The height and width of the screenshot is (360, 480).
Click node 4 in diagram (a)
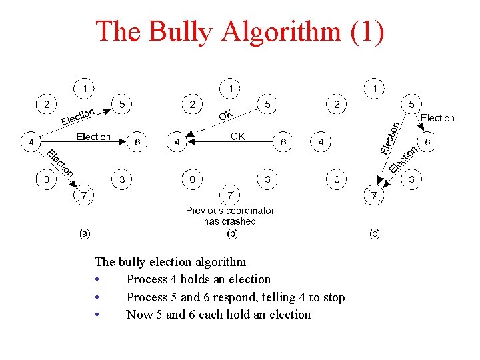tap(31, 142)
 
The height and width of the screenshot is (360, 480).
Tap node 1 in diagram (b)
tap(230, 87)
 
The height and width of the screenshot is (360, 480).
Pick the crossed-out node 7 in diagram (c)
tap(375, 196)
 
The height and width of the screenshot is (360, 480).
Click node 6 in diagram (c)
tap(427, 142)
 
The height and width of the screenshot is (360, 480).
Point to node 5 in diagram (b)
tap(267, 104)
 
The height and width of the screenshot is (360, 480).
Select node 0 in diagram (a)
tap(45, 179)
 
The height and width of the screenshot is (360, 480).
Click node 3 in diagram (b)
tap(267, 179)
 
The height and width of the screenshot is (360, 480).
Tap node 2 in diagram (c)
tap(337, 104)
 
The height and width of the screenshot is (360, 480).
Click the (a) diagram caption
tap(85, 233)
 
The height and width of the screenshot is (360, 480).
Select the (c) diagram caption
tap(375, 233)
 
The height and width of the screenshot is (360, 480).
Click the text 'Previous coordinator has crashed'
tap(230, 215)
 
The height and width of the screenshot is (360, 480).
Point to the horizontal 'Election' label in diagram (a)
tap(93, 137)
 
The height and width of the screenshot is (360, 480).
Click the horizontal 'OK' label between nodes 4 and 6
tap(238, 136)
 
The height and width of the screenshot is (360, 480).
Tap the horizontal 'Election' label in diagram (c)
tap(437, 118)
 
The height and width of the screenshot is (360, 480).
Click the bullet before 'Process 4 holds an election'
tap(97, 280)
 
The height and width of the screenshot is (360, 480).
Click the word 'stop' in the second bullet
tap(331, 297)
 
